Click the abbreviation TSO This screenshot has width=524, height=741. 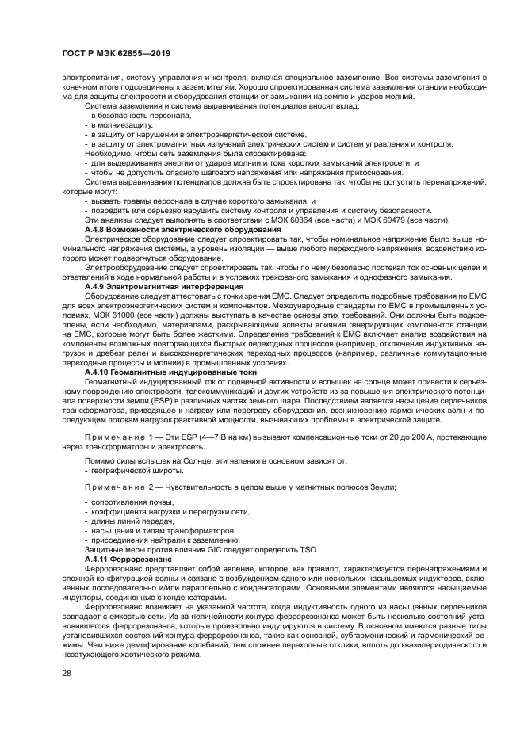point(308,549)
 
